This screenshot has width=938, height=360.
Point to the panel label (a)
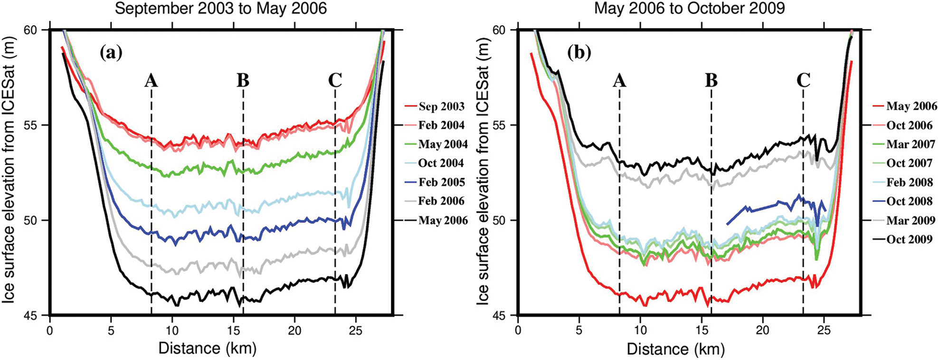[x=111, y=53]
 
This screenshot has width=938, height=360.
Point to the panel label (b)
[x=579, y=53]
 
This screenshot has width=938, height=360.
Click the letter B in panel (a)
[x=243, y=81]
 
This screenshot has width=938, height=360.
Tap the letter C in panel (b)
[x=803, y=81]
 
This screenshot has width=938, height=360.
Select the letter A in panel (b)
[x=619, y=81]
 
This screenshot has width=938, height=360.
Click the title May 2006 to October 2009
[x=690, y=8]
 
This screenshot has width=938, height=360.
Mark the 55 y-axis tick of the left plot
[x=37, y=125]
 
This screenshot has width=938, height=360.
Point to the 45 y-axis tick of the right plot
[x=505, y=315]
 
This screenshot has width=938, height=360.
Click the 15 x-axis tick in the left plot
[x=233, y=329]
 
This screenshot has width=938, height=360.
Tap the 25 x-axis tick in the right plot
[x=824, y=329]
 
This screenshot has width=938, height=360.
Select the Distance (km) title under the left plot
[x=207, y=349]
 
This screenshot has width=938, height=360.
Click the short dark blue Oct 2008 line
[x=760, y=208]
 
